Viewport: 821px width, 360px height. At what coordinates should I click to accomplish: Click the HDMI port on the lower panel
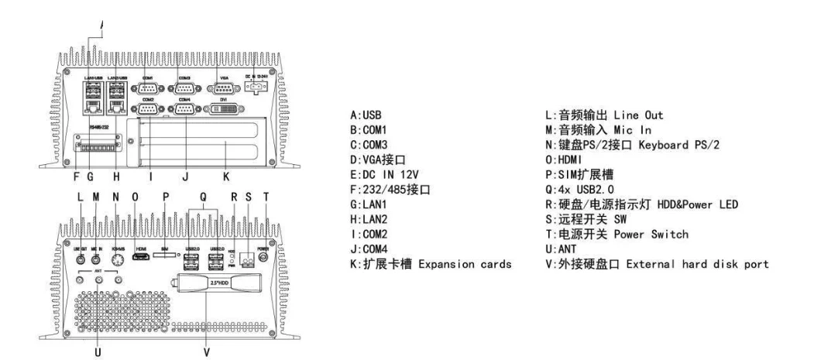click(x=142, y=256)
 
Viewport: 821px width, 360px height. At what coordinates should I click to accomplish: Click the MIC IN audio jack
click(x=98, y=261)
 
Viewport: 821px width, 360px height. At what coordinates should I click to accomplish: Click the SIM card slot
click(x=165, y=255)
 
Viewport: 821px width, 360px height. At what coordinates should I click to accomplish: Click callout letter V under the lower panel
click(x=208, y=350)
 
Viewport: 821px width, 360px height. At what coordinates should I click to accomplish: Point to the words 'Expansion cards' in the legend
click(x=467, y=266)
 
